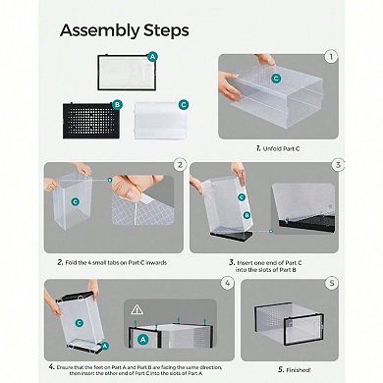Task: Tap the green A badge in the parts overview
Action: coord(150,56)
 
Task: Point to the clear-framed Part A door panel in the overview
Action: coord(122,73)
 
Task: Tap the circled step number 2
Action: coord(179,165)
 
